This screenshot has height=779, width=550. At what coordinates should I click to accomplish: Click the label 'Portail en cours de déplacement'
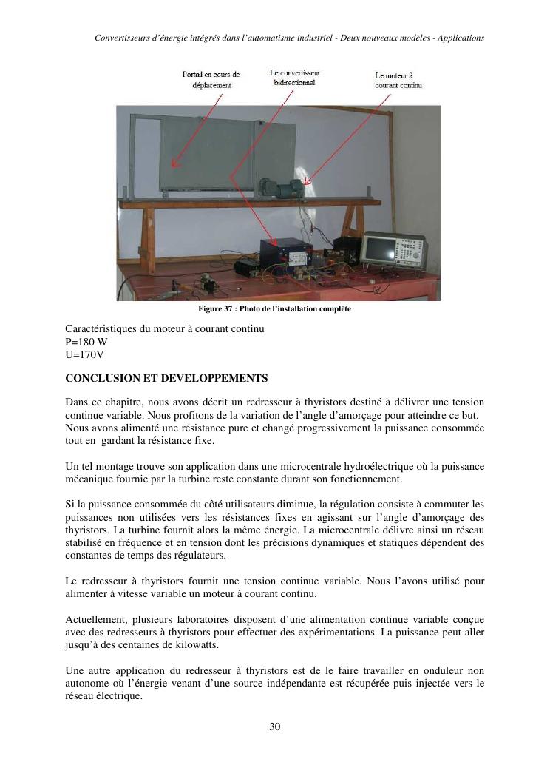211,80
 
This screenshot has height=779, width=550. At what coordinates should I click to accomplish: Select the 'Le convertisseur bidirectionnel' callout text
295,78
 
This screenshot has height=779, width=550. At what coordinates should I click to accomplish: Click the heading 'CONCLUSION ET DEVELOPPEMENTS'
166,378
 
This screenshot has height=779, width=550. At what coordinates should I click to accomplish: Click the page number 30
275,726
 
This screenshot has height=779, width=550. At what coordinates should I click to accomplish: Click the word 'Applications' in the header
461,38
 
